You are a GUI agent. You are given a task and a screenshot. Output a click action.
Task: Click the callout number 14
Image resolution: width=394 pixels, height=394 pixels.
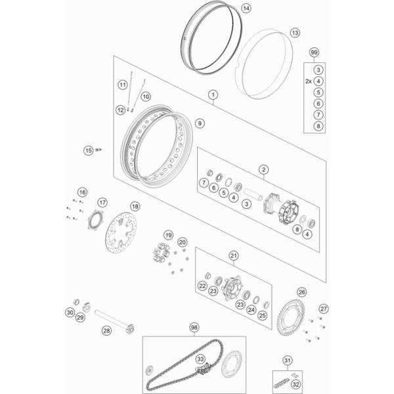pyautogui.click(x=246, y=9)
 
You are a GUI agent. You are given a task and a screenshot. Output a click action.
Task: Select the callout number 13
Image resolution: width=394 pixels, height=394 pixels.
pyautogui.click(x=295, y=33)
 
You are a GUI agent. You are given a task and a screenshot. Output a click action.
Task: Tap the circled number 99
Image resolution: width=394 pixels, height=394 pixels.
pyautogui.click(x=314, y=53)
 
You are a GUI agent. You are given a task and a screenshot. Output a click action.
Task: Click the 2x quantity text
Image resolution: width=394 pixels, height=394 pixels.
pyautogui.click(x=309, y=81)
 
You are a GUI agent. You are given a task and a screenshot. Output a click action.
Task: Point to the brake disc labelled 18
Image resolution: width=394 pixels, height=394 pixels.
pyautogui.click(x=121, y=232)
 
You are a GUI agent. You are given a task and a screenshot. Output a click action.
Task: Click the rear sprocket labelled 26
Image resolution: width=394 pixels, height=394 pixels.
pyautogui.click(x=291, y=317)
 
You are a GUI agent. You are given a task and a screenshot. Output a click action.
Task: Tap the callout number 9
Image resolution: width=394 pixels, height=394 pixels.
pyautogui.click(x=200, y=123)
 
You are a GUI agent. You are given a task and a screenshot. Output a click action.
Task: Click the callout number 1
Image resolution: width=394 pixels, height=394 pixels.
pyautogui.click(x=213, y=95)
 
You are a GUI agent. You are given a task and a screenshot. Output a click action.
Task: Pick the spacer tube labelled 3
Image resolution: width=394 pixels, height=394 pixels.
pyautogui.click(x=253, y=194)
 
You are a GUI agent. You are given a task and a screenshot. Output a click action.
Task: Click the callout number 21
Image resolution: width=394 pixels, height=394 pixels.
pyautogui.click(x=234, y=256)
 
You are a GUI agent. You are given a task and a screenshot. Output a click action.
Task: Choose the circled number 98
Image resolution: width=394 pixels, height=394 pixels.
pyautogui.click(x=194, y=328)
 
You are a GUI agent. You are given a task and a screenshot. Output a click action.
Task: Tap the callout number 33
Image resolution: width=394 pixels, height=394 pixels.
pyautogui.click(x=200, y=359)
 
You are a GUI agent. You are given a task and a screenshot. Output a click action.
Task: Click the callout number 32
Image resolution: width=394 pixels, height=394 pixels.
pyautogui.click(x=296, y=384)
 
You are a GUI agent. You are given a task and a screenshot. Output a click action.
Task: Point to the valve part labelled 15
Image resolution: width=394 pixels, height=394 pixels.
pyautogui.click(x=98, y=150)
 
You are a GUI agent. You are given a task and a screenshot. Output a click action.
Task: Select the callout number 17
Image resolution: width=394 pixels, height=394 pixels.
pyautogui.click(x=102, y=202)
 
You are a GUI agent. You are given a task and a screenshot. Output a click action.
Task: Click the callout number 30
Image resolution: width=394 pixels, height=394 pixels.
pyautogui.click(x=70, y=313)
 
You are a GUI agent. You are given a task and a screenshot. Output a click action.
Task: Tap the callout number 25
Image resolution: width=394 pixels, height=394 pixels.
pyautogui.click(x=262, y=315)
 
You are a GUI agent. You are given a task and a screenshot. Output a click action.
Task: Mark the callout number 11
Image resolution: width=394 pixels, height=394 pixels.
pyautogui.click(x=123, y=85)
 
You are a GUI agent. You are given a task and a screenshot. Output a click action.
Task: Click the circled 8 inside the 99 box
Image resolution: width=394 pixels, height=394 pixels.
pyautogui.click(x=318, y=126)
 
